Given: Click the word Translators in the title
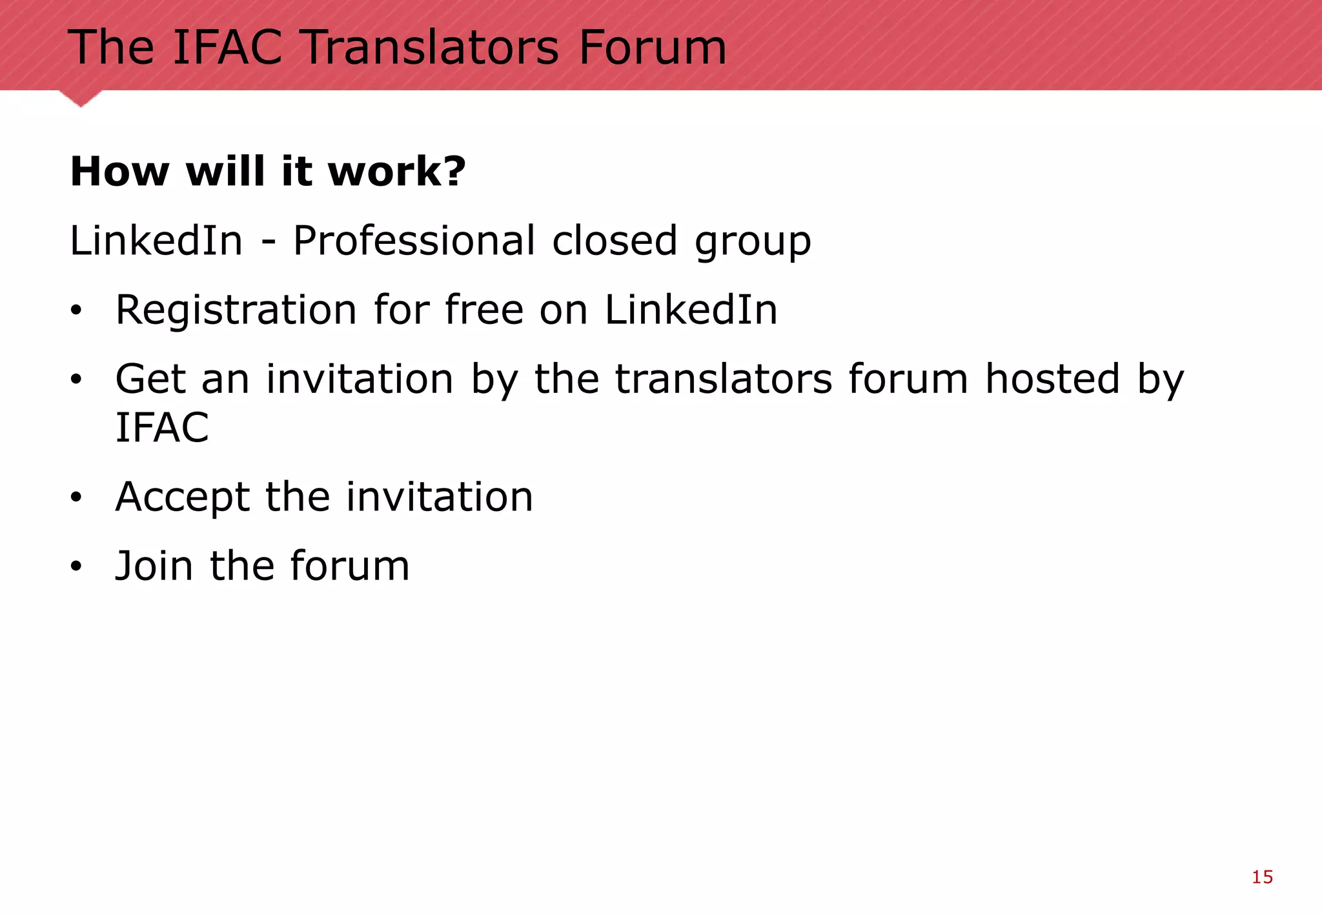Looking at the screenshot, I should coord(431,48).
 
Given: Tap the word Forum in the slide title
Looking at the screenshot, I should coord(653,48).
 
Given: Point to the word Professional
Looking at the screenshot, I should coord(414,241).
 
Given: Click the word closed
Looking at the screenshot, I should coord(615,241).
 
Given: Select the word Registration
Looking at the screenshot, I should coord(236,310).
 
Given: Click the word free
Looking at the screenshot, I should coord(484,309).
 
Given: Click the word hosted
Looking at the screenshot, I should coord(1053,379).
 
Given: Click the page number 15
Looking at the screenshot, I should coord(1262,877).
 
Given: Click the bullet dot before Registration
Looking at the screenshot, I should coord(77,312).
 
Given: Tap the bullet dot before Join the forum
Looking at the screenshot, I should coord(77,567).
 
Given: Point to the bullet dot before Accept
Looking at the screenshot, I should coord(77,498).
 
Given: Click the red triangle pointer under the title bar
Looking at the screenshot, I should coord(81,98).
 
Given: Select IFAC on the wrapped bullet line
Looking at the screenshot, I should coord(162,427).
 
